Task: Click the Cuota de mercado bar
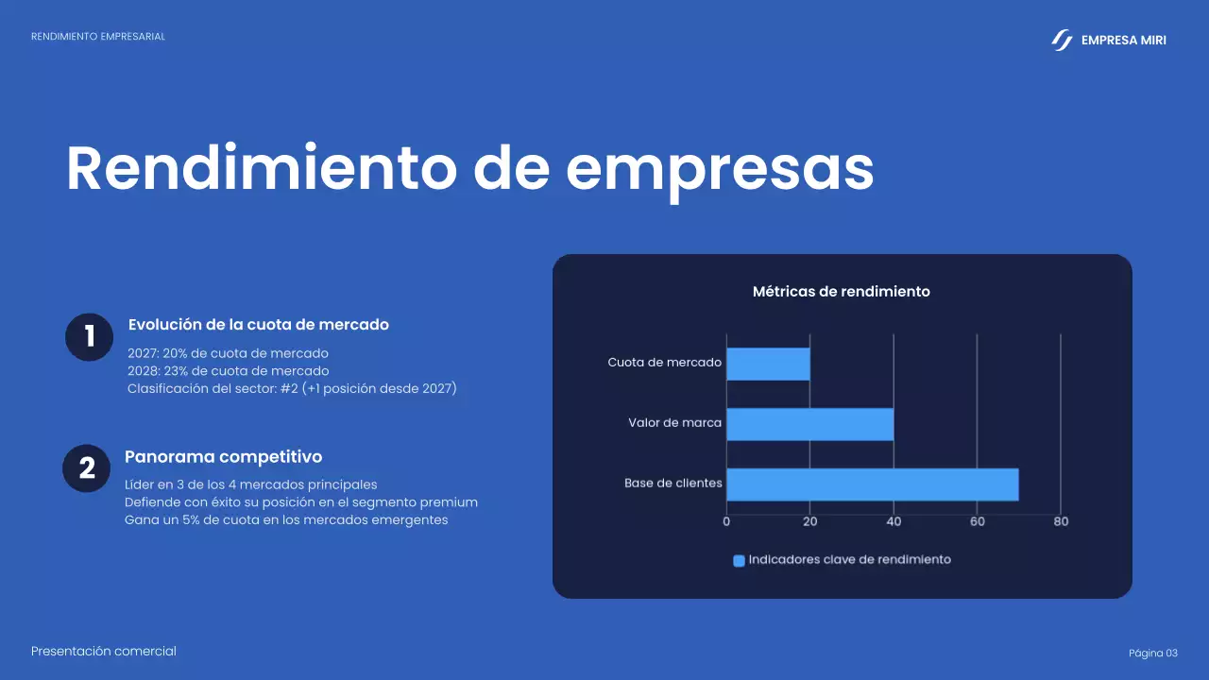point(768,364)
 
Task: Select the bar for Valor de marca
point(809,424)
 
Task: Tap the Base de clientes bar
point(872,484)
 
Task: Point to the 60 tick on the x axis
point(977,521)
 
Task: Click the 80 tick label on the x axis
point(1061,521)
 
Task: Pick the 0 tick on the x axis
point(726,521)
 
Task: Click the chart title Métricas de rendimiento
point(841,292)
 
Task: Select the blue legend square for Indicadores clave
point(739,560)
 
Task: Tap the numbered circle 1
point(90,337)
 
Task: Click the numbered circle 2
point(87,468)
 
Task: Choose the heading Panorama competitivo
point(223,457)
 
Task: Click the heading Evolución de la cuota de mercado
point(258,325)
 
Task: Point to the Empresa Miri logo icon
point(1062,40)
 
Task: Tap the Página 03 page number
point(1153,654)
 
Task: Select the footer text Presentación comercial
point(104,652)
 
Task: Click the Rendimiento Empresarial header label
point(98,37)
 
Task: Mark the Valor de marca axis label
point(674,423)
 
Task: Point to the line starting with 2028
point(228,371)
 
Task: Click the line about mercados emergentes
point(286,520)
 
